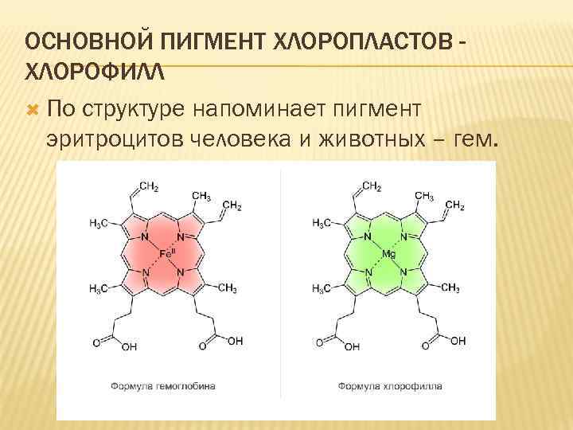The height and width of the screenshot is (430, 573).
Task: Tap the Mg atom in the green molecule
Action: [389, 253]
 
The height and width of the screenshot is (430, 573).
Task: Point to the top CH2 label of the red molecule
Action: [149, 186]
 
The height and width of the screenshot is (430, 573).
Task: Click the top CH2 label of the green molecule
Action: [372, 186]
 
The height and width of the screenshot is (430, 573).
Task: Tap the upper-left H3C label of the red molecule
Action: [99, 223]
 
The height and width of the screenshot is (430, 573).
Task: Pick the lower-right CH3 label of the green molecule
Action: [450, 287]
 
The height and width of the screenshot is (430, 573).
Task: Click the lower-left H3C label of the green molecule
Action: [322, 287]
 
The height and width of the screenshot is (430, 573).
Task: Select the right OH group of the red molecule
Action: [235, 341]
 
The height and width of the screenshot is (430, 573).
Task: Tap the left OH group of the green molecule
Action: [350, 346]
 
